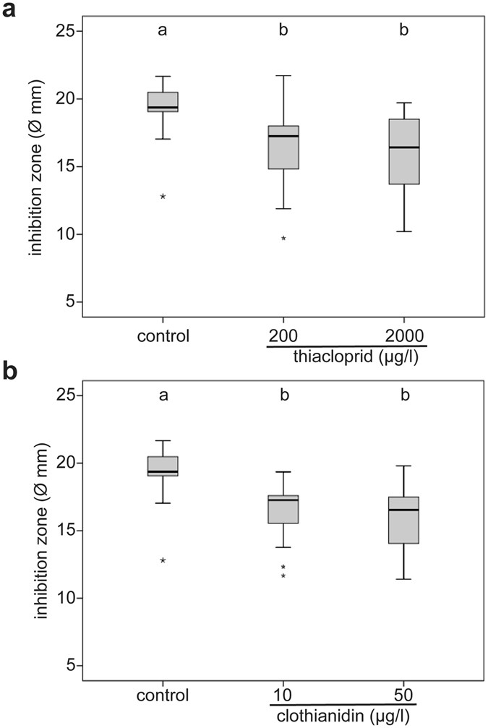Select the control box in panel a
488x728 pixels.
(x=163, y=102)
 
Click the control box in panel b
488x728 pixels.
(x=163, y=466)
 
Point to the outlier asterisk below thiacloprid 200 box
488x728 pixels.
(x=283, y=239)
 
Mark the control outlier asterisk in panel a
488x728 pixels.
(x=163, y=197)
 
